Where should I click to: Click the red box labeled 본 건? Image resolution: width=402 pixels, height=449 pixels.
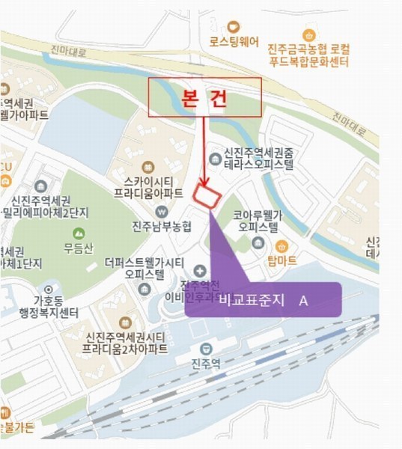coord(204,97)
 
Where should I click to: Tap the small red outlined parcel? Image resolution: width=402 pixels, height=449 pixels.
coord(207,196)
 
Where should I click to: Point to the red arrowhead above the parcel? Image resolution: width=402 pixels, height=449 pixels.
coord(204,182)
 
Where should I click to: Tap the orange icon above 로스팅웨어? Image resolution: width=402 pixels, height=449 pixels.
coord(234,25)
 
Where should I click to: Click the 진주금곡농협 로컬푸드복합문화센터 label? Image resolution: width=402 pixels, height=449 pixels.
coord(308,55)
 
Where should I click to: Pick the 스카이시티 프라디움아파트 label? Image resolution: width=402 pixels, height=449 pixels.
coord(148,187)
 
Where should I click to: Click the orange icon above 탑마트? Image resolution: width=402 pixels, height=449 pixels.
coord(281,245)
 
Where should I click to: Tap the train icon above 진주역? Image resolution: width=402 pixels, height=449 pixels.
coord(207,349)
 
